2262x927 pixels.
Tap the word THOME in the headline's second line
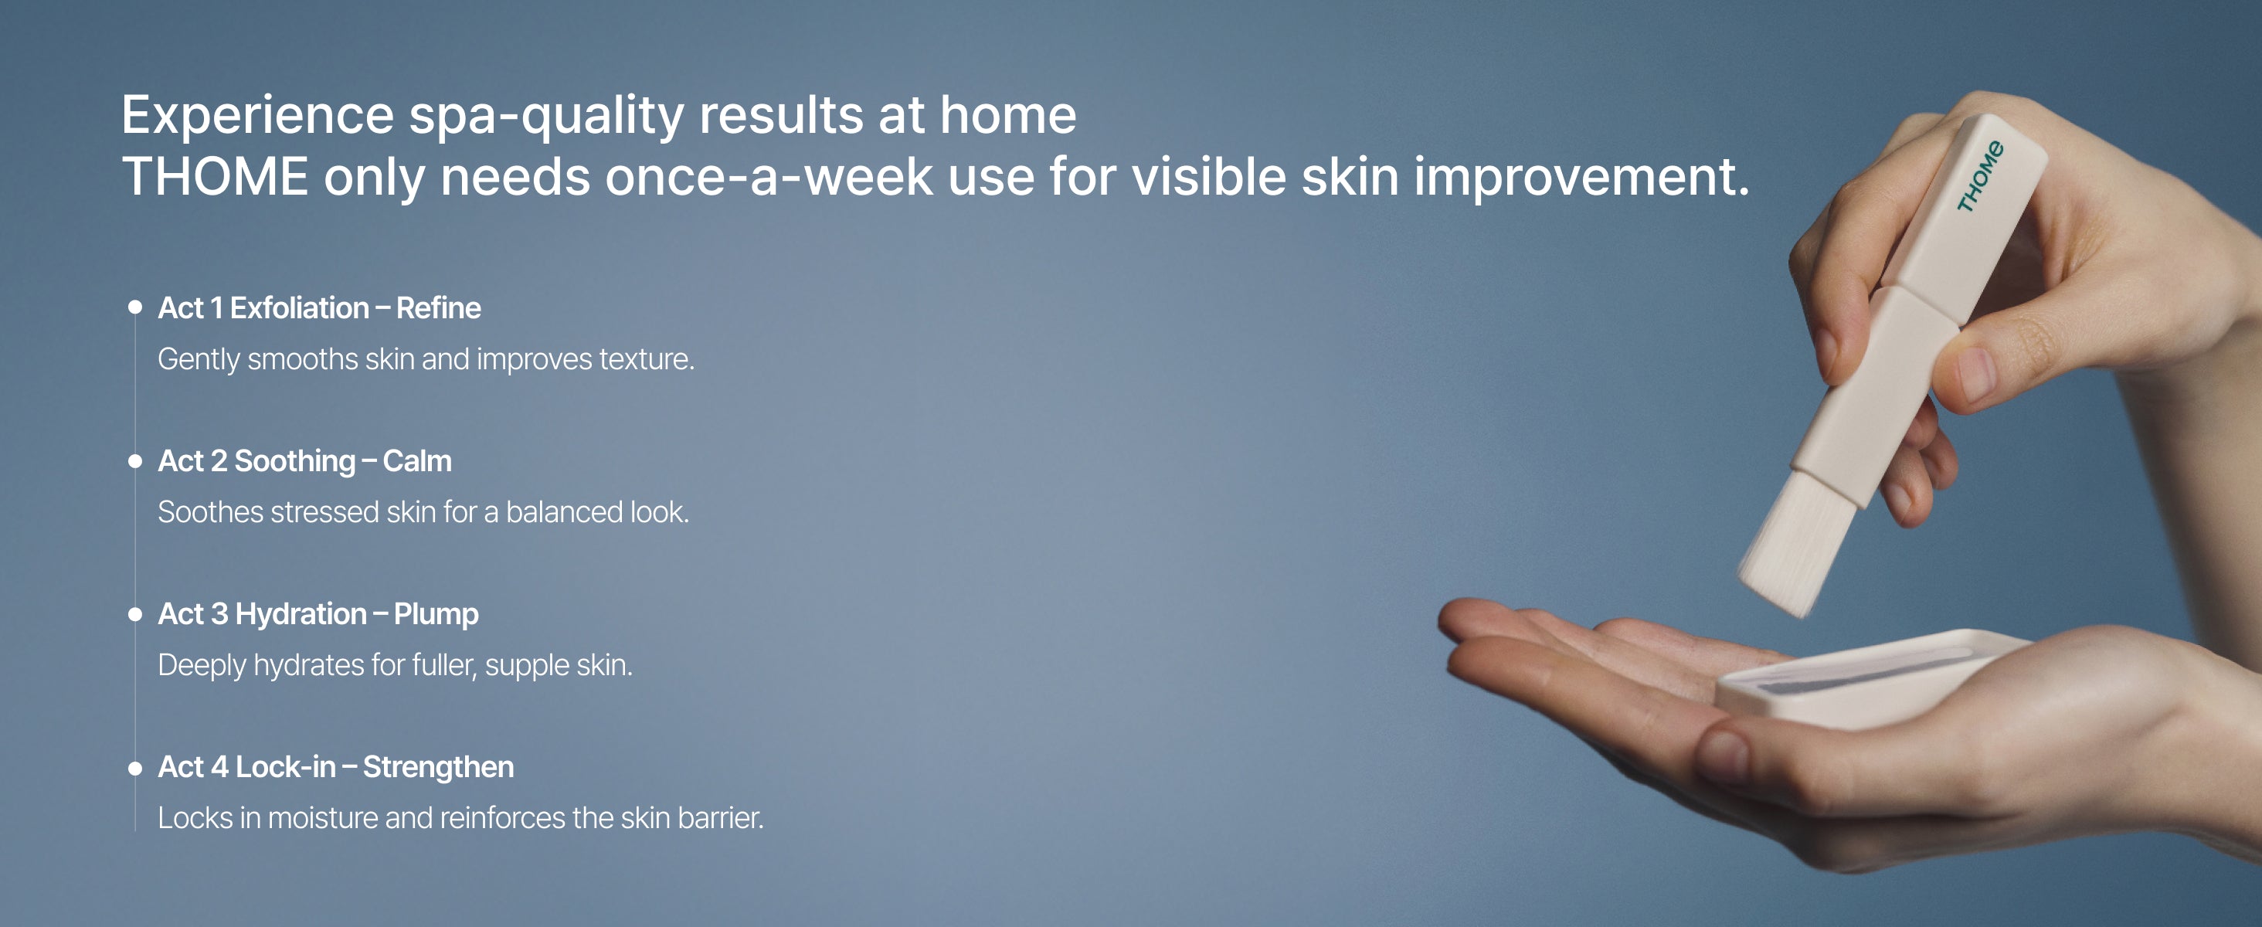[215, 176]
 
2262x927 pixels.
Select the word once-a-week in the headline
[769, 176]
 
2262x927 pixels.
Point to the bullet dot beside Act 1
[135, 307]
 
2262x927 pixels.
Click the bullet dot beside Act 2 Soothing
[135, 461]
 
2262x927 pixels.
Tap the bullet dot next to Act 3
[135, 614]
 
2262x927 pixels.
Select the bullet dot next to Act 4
[135, 768]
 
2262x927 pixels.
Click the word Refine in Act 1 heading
[438, 308]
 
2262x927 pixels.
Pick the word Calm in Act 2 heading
[417, 461]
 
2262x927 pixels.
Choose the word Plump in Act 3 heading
[436, 614]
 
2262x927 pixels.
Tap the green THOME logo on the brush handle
[1980, 176]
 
